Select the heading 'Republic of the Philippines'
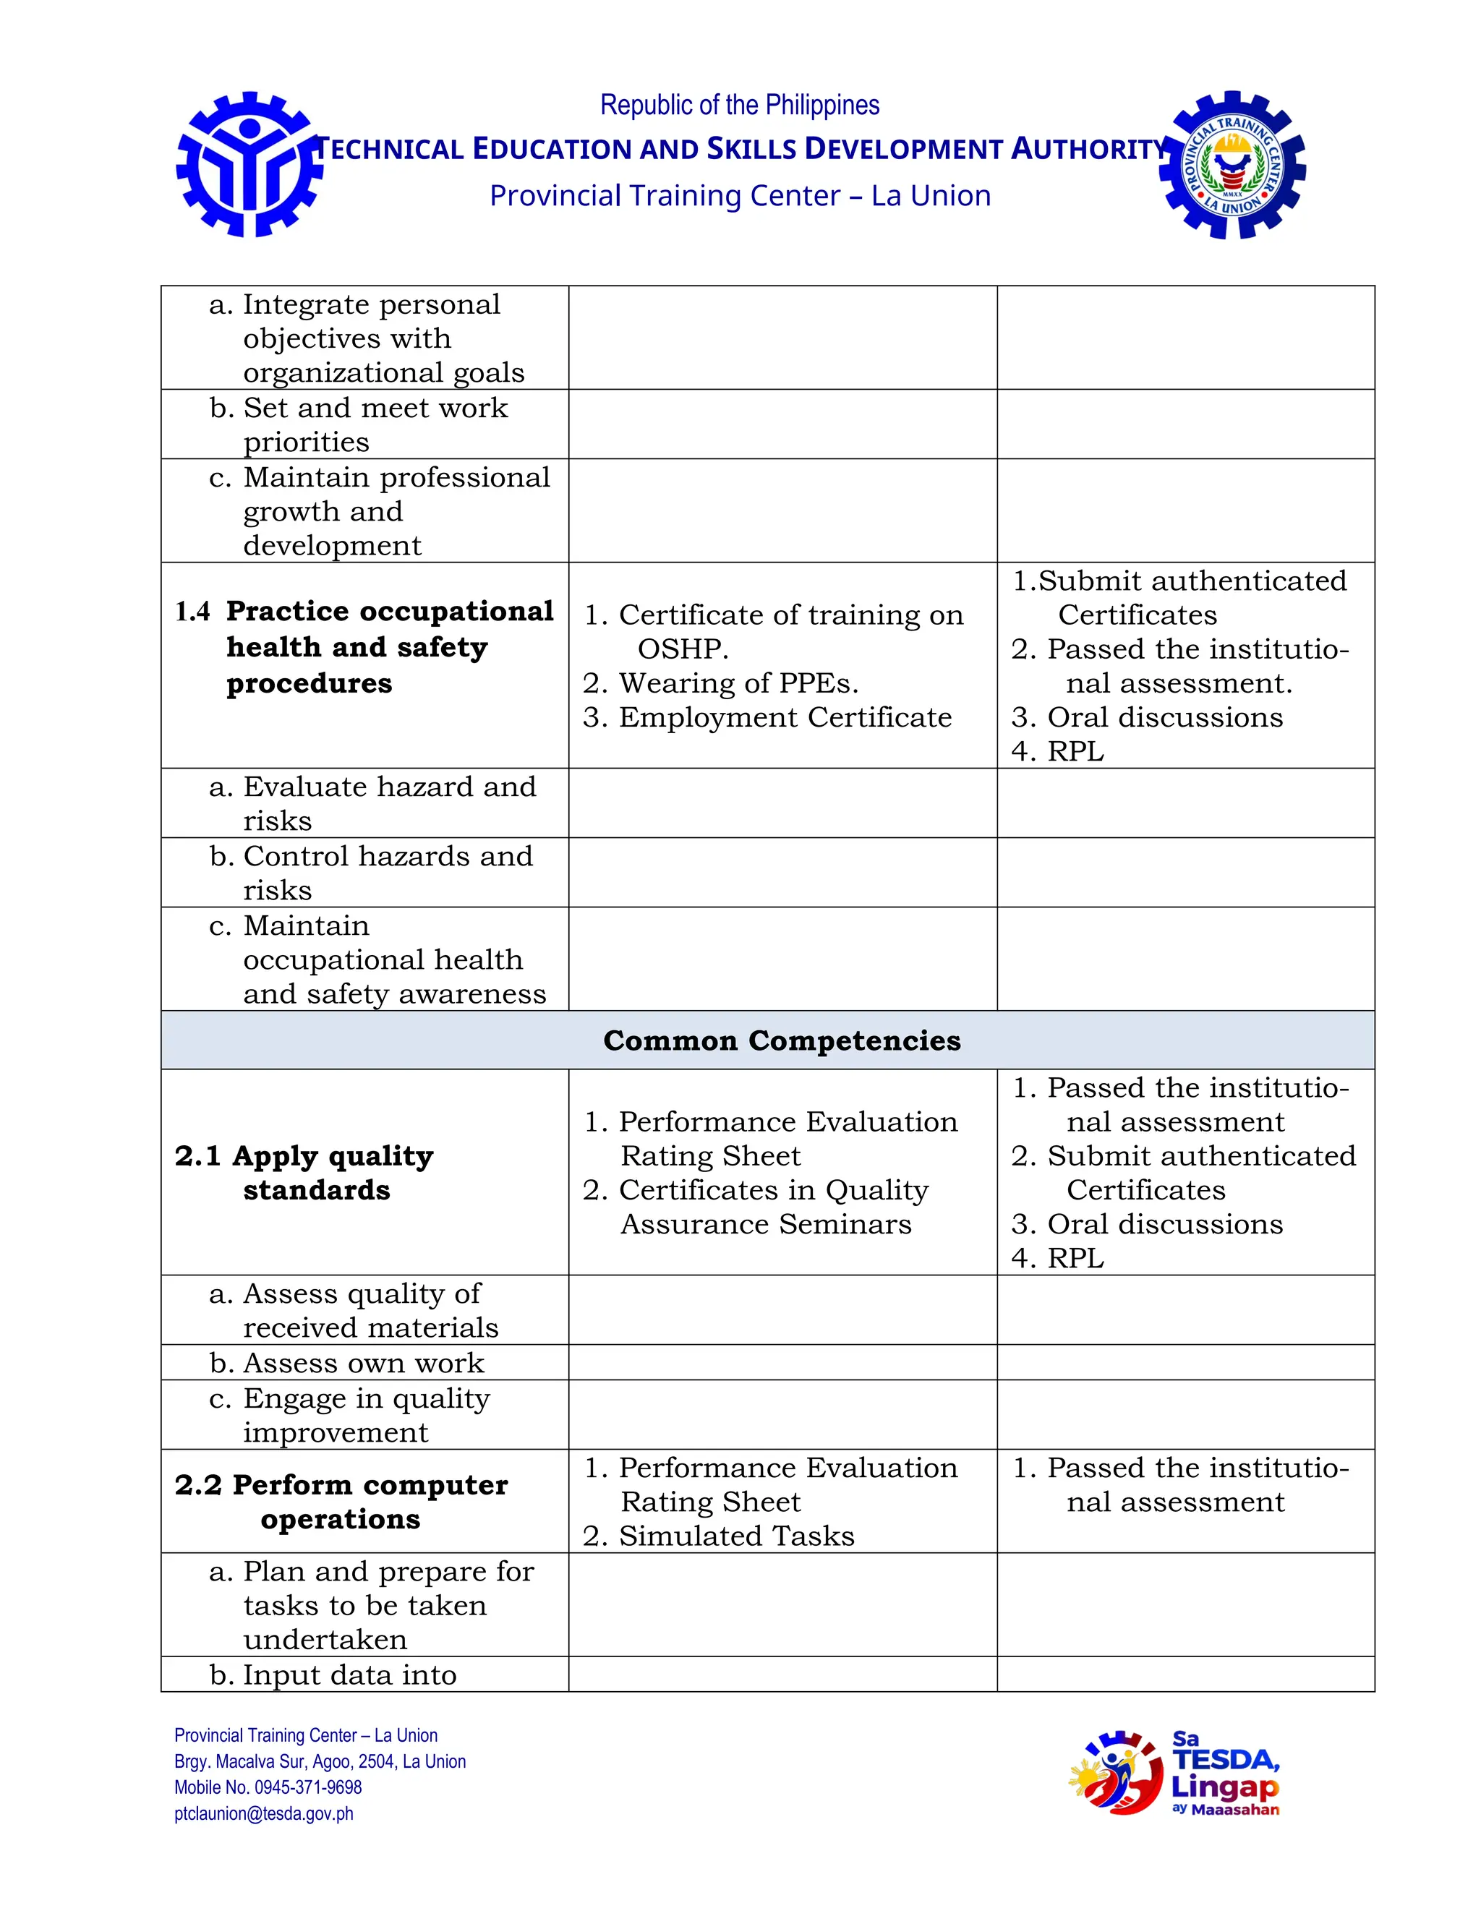(740, 106)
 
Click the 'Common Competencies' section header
(781, 1040)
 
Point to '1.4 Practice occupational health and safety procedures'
(364, 646)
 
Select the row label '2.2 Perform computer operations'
(341, 1501)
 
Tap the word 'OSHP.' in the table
(683, 649)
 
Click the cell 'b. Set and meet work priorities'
(358, 424)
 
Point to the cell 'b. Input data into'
(333, 1675)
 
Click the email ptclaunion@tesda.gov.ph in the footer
(264, 1813)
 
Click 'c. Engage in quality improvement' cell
(349, 1415)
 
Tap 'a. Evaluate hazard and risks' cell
(372, 803)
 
